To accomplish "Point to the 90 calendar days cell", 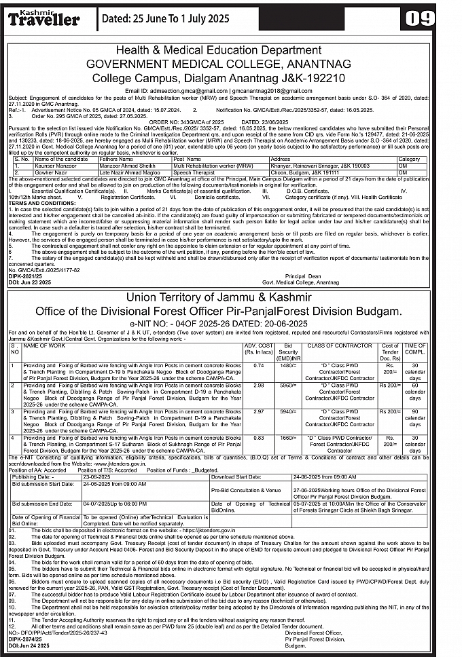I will [x=415, y=415].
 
